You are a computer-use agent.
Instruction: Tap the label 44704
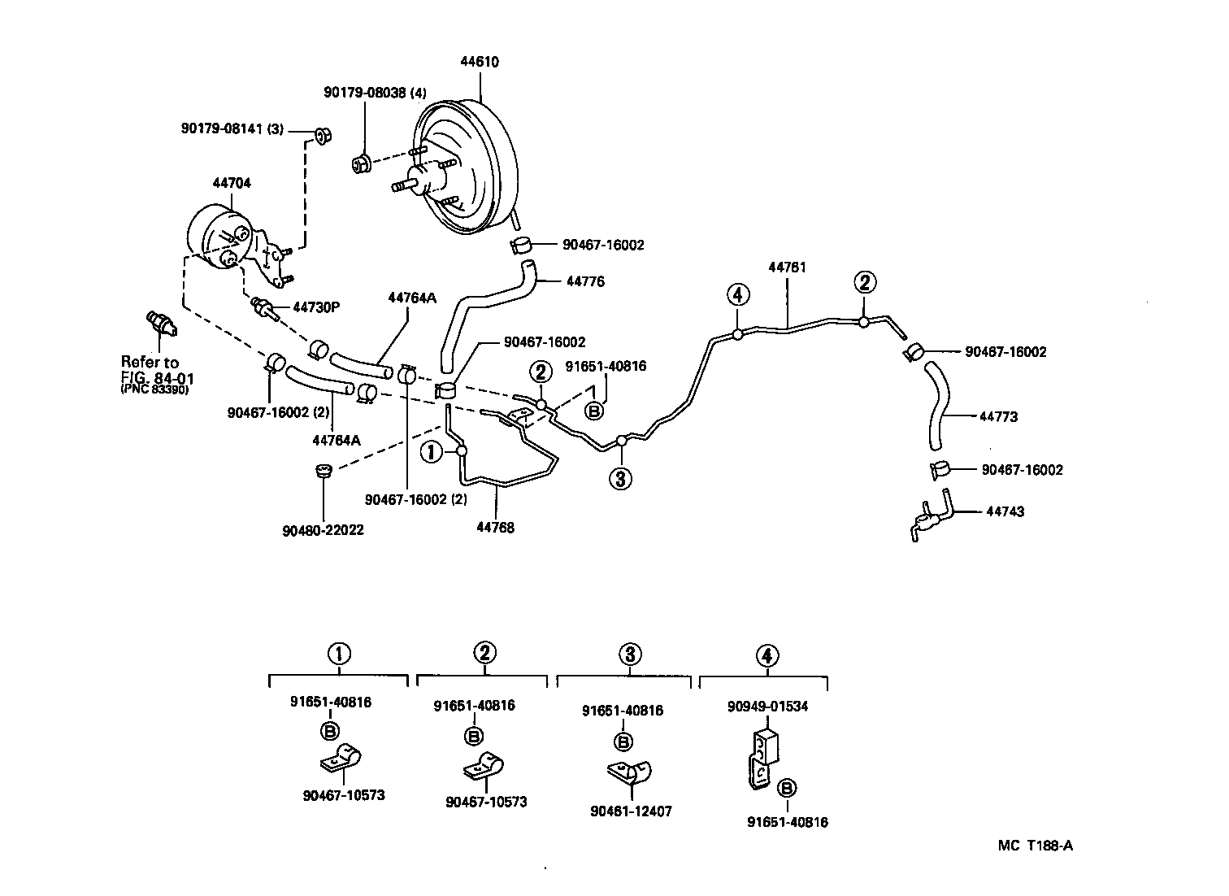tap(232, 184)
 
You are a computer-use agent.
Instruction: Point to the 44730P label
tap(315, 307)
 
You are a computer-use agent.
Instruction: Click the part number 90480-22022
tap(323, 530)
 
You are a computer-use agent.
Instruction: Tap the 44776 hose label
tap(585, 281)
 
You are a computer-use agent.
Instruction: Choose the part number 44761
tap(787, 267)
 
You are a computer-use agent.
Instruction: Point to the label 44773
tap(998, 416)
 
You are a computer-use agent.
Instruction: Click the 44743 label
tap(1005, 511)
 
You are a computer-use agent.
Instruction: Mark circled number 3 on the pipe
tap(620, 479)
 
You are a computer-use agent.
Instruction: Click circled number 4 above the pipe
tap(736, 294)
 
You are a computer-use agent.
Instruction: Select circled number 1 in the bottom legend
tap(339, 653)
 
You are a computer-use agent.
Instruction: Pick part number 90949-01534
tap(767, 707)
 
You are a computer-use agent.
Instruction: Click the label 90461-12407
tap(632, 811)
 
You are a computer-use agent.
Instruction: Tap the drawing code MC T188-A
tap(1036, 845)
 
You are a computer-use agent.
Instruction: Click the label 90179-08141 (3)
tap(232, 128)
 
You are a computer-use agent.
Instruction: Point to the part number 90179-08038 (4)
tap(374, 93)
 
